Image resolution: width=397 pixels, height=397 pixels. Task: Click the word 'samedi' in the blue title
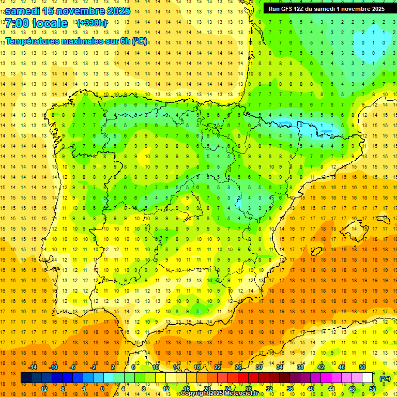pyautogui.click(x=23, y=11)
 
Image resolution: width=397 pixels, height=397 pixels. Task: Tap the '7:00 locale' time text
pyautogui.click(x=36, y=23)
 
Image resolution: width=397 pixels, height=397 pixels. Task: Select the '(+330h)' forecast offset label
pyautogui.click(x=92, y=23)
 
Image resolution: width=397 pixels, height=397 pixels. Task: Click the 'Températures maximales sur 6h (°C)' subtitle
pyautogui.click(x=76, y=41)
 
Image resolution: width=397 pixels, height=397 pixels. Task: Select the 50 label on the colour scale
pyautogui.click(x=362, y=367)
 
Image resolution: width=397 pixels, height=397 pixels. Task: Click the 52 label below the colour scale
pyautogui.click(x=373, y=389)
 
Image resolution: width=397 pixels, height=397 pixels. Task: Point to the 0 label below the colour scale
pyautogui.click(x=103, y=389)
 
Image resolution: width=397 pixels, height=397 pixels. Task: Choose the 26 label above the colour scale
pyautogui.click(x=238, y=367)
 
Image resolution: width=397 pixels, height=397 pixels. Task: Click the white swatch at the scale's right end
pyautogui.click(x=368, y=378)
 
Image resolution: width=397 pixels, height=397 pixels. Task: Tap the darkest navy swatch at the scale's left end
pyautogui.click(x=26, y=378)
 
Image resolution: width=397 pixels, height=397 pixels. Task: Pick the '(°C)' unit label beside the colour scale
pyautogui.click(x=385, y=378)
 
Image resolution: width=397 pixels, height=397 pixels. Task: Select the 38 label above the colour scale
pyautogui.click(x=300, y=367)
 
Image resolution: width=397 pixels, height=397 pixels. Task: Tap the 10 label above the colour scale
pyautogui.click(x=156, y=367)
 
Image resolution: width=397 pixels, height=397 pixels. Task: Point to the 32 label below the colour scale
pyautogui.click(x=269, y=389)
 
